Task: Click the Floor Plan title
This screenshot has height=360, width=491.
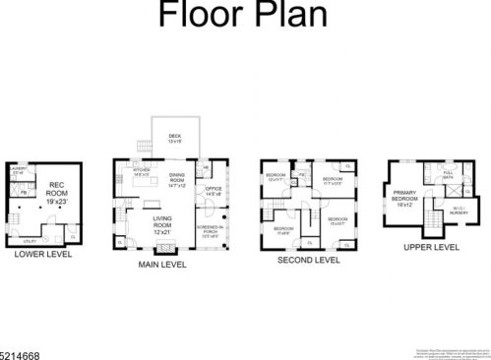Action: point(244,17)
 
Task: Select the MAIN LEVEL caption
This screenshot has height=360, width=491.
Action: point(170,264)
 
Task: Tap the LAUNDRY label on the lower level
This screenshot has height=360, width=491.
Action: point(17,171)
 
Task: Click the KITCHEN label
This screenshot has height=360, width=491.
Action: point(141,175)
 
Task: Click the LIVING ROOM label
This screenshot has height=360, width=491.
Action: point(163,222)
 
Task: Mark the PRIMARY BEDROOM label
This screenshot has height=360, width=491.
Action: point(406,196)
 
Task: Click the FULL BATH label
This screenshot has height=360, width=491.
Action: point(448,175)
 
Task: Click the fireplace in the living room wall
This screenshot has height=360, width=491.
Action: point(163,246)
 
